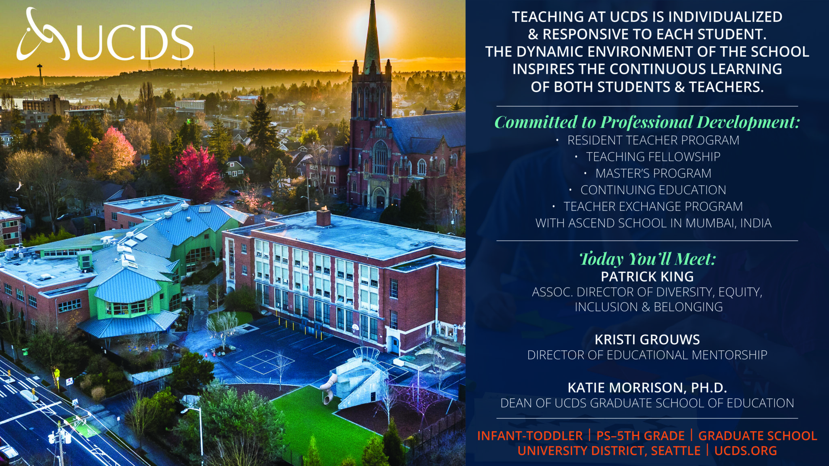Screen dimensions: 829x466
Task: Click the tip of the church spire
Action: pyautogui.click(x=372, y=1)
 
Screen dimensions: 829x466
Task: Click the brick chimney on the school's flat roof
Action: pyautogui.click(x=323, y=217)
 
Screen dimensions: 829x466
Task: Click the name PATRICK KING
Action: pyautogui.click(x=647, y=277)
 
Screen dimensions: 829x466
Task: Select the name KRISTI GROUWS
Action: pyautogui.click(x=647, y=339)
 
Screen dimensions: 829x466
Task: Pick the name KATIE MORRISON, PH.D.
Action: pyautogui.click(x=647, y=388)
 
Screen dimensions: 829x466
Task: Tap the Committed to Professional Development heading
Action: pyautogui.click(x=647, y=122)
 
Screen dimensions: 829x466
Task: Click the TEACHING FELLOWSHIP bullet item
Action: pyautogui.click(x=653, y=157)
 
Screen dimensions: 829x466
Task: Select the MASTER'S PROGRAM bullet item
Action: pyautogui.click(x=653, y=173)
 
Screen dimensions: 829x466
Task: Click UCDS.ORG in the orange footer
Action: pyautogui.click(x=746, y=451)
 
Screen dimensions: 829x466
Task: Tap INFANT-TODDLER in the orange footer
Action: pyautogui.click(x=530, y=436)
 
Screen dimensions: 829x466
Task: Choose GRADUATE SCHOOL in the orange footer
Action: pyautogui.click(x=758, y=436)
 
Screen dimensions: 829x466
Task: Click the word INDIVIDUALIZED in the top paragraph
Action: pyautogui.click(x=725, y=17)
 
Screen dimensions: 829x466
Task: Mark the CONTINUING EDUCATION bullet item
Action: pyautogui.click(x=653, y=190)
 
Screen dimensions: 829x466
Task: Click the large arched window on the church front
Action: pyautogui.click(x=380, y=157)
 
